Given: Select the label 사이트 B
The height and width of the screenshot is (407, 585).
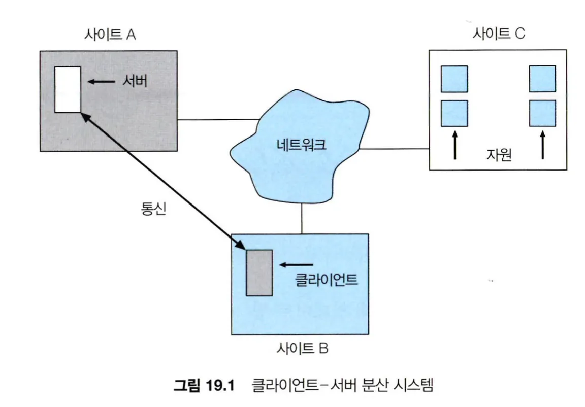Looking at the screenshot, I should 303,349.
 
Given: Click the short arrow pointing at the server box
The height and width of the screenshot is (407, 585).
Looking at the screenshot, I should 102,81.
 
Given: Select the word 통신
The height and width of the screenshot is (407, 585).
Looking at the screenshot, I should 152,209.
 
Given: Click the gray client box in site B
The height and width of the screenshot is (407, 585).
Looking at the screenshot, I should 259,273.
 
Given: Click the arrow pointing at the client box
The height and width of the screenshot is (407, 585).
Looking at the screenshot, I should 296,264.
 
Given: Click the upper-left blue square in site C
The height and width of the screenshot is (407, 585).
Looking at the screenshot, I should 454,79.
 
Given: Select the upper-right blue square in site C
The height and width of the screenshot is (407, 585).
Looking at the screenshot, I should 542,79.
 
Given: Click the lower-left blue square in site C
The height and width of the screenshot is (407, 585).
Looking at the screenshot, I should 454,113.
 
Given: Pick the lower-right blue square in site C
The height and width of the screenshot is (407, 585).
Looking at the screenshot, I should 542,113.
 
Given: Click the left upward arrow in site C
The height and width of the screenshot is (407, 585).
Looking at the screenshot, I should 454,145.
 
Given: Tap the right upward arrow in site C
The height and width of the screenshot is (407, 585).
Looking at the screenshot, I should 542,145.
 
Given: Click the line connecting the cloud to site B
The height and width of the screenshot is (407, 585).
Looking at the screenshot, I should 302,217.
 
